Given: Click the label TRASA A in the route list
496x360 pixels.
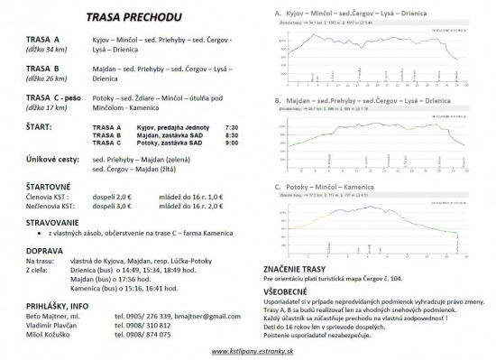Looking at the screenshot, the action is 43,42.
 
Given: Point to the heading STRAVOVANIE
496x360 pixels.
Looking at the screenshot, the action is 52,222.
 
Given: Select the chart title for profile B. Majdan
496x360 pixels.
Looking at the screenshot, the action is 368,103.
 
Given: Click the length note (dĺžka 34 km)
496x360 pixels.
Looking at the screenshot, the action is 48,52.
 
